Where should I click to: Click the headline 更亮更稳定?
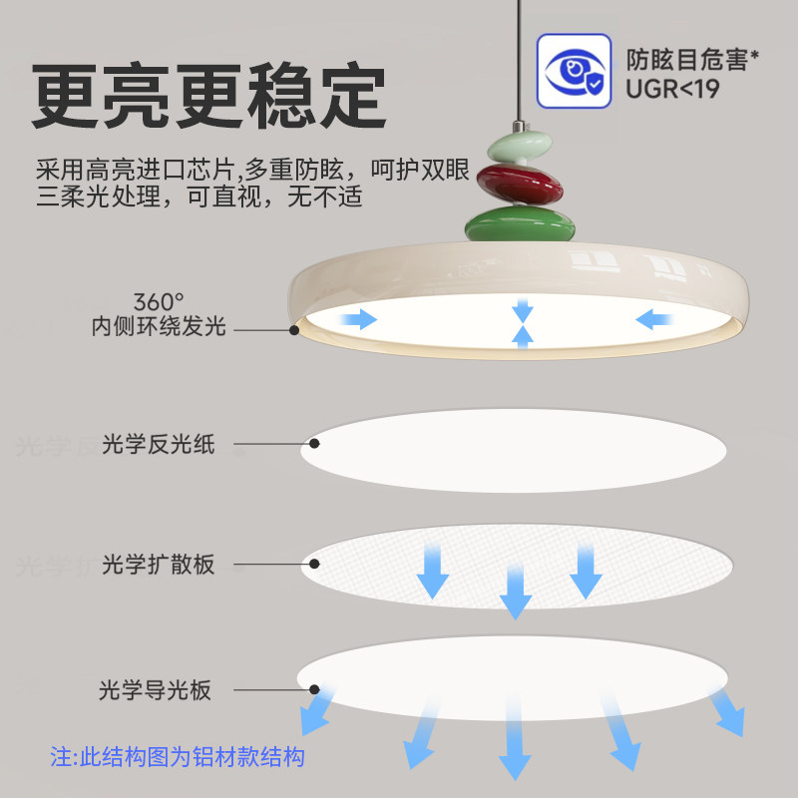coord(208,98)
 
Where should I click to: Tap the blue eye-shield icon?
coord(574,72)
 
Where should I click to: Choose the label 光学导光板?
coord(156,689)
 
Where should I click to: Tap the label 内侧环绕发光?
coord(159,326)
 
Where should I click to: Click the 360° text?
coord(160,300)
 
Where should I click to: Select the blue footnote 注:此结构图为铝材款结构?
coord(177,756)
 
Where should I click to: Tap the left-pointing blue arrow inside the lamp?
coord(656,319)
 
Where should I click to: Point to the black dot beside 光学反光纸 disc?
coord(315,444)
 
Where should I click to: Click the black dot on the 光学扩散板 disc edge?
coord(315,565)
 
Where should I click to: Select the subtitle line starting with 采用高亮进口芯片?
coord(251,170)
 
